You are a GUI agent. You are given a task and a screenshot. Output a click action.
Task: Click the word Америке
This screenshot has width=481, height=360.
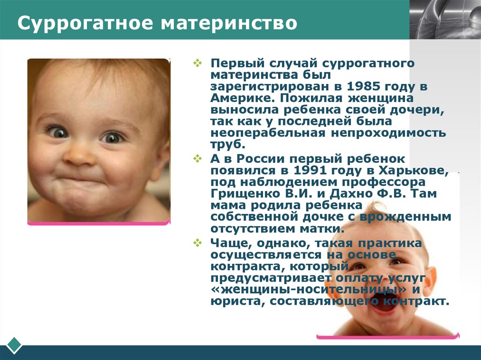click(x=243, y=98)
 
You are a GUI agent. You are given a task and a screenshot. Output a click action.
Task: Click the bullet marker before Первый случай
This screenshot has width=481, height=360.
click(x=198, y=63)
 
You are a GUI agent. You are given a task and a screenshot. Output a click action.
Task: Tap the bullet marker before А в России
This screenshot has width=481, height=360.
click(x=198, y=159)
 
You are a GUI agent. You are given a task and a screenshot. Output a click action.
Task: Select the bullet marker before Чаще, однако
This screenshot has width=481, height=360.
click(x=198, y=243)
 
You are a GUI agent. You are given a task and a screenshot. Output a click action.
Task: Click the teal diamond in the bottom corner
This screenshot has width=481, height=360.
click(x=14, y=345)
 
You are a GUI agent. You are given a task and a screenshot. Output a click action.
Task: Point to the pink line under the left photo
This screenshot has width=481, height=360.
click(x=99, y=223)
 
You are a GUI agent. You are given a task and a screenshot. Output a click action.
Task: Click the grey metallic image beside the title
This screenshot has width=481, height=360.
click(x=445, y=20)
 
